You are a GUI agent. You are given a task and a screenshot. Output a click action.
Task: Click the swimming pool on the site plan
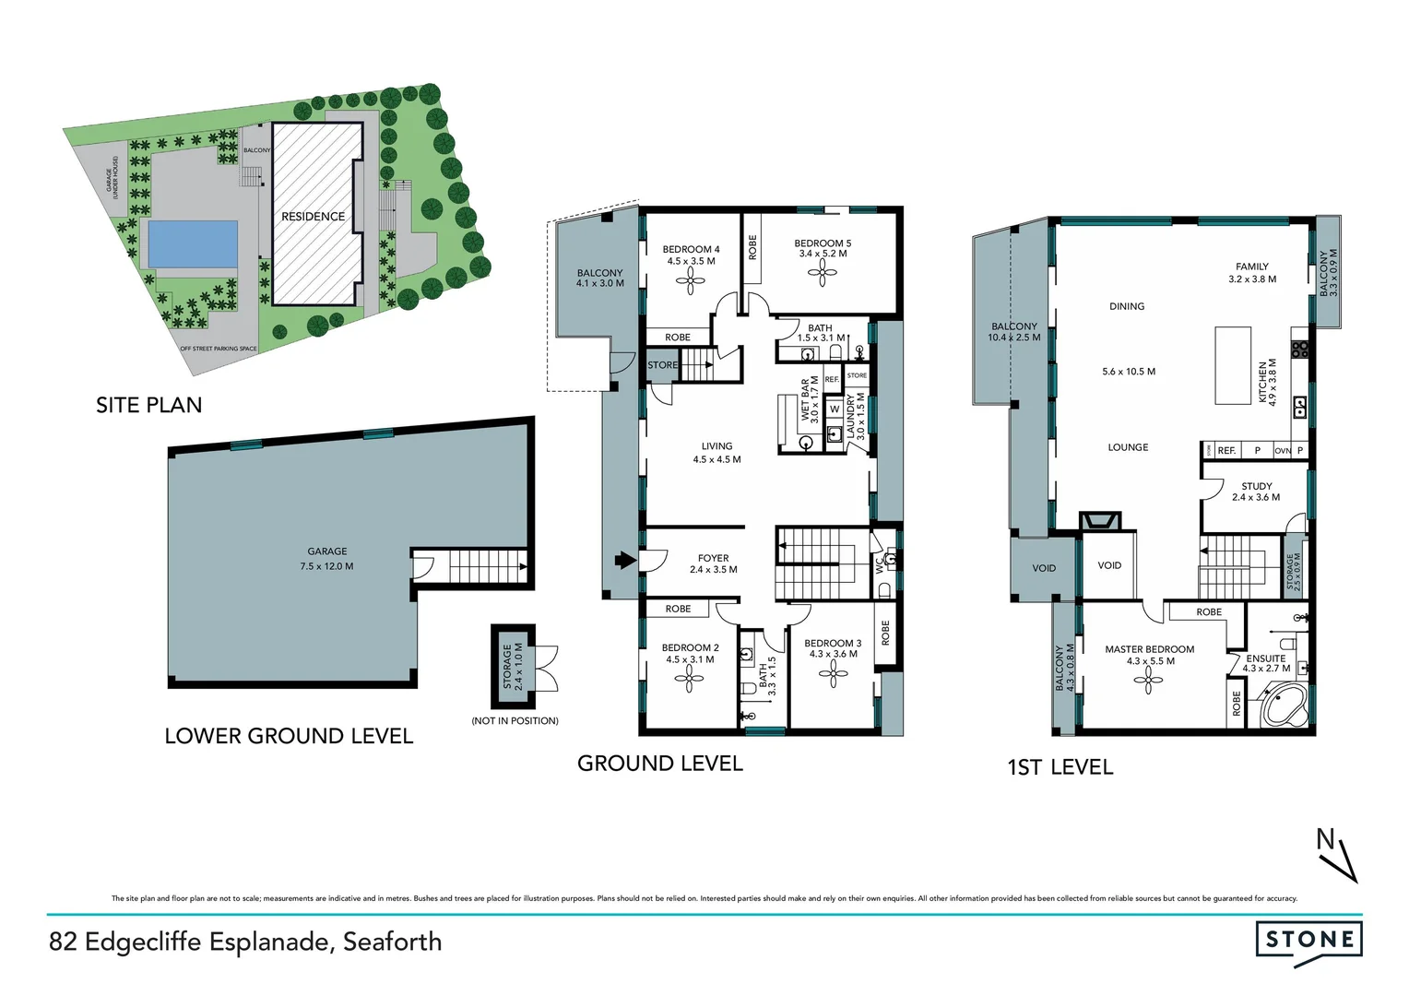[192, 243]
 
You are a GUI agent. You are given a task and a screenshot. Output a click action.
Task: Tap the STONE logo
[1308, 940]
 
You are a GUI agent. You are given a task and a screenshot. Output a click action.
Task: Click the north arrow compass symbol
[1338, 856]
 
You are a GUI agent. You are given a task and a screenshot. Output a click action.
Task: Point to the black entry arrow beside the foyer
[625, 560]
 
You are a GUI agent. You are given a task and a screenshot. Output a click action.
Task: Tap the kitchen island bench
[1232, 365]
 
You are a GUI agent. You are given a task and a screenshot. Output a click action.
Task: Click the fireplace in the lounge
[1100, 521]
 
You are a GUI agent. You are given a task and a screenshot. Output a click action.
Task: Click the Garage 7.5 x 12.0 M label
[326, 559]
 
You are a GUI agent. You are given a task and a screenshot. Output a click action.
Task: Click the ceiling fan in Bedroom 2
[689, 680]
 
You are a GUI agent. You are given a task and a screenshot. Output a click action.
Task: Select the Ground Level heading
[659, 764]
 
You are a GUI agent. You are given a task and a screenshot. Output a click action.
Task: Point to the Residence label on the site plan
[313, 217]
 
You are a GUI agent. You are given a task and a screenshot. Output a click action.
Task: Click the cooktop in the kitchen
[1300, 350]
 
